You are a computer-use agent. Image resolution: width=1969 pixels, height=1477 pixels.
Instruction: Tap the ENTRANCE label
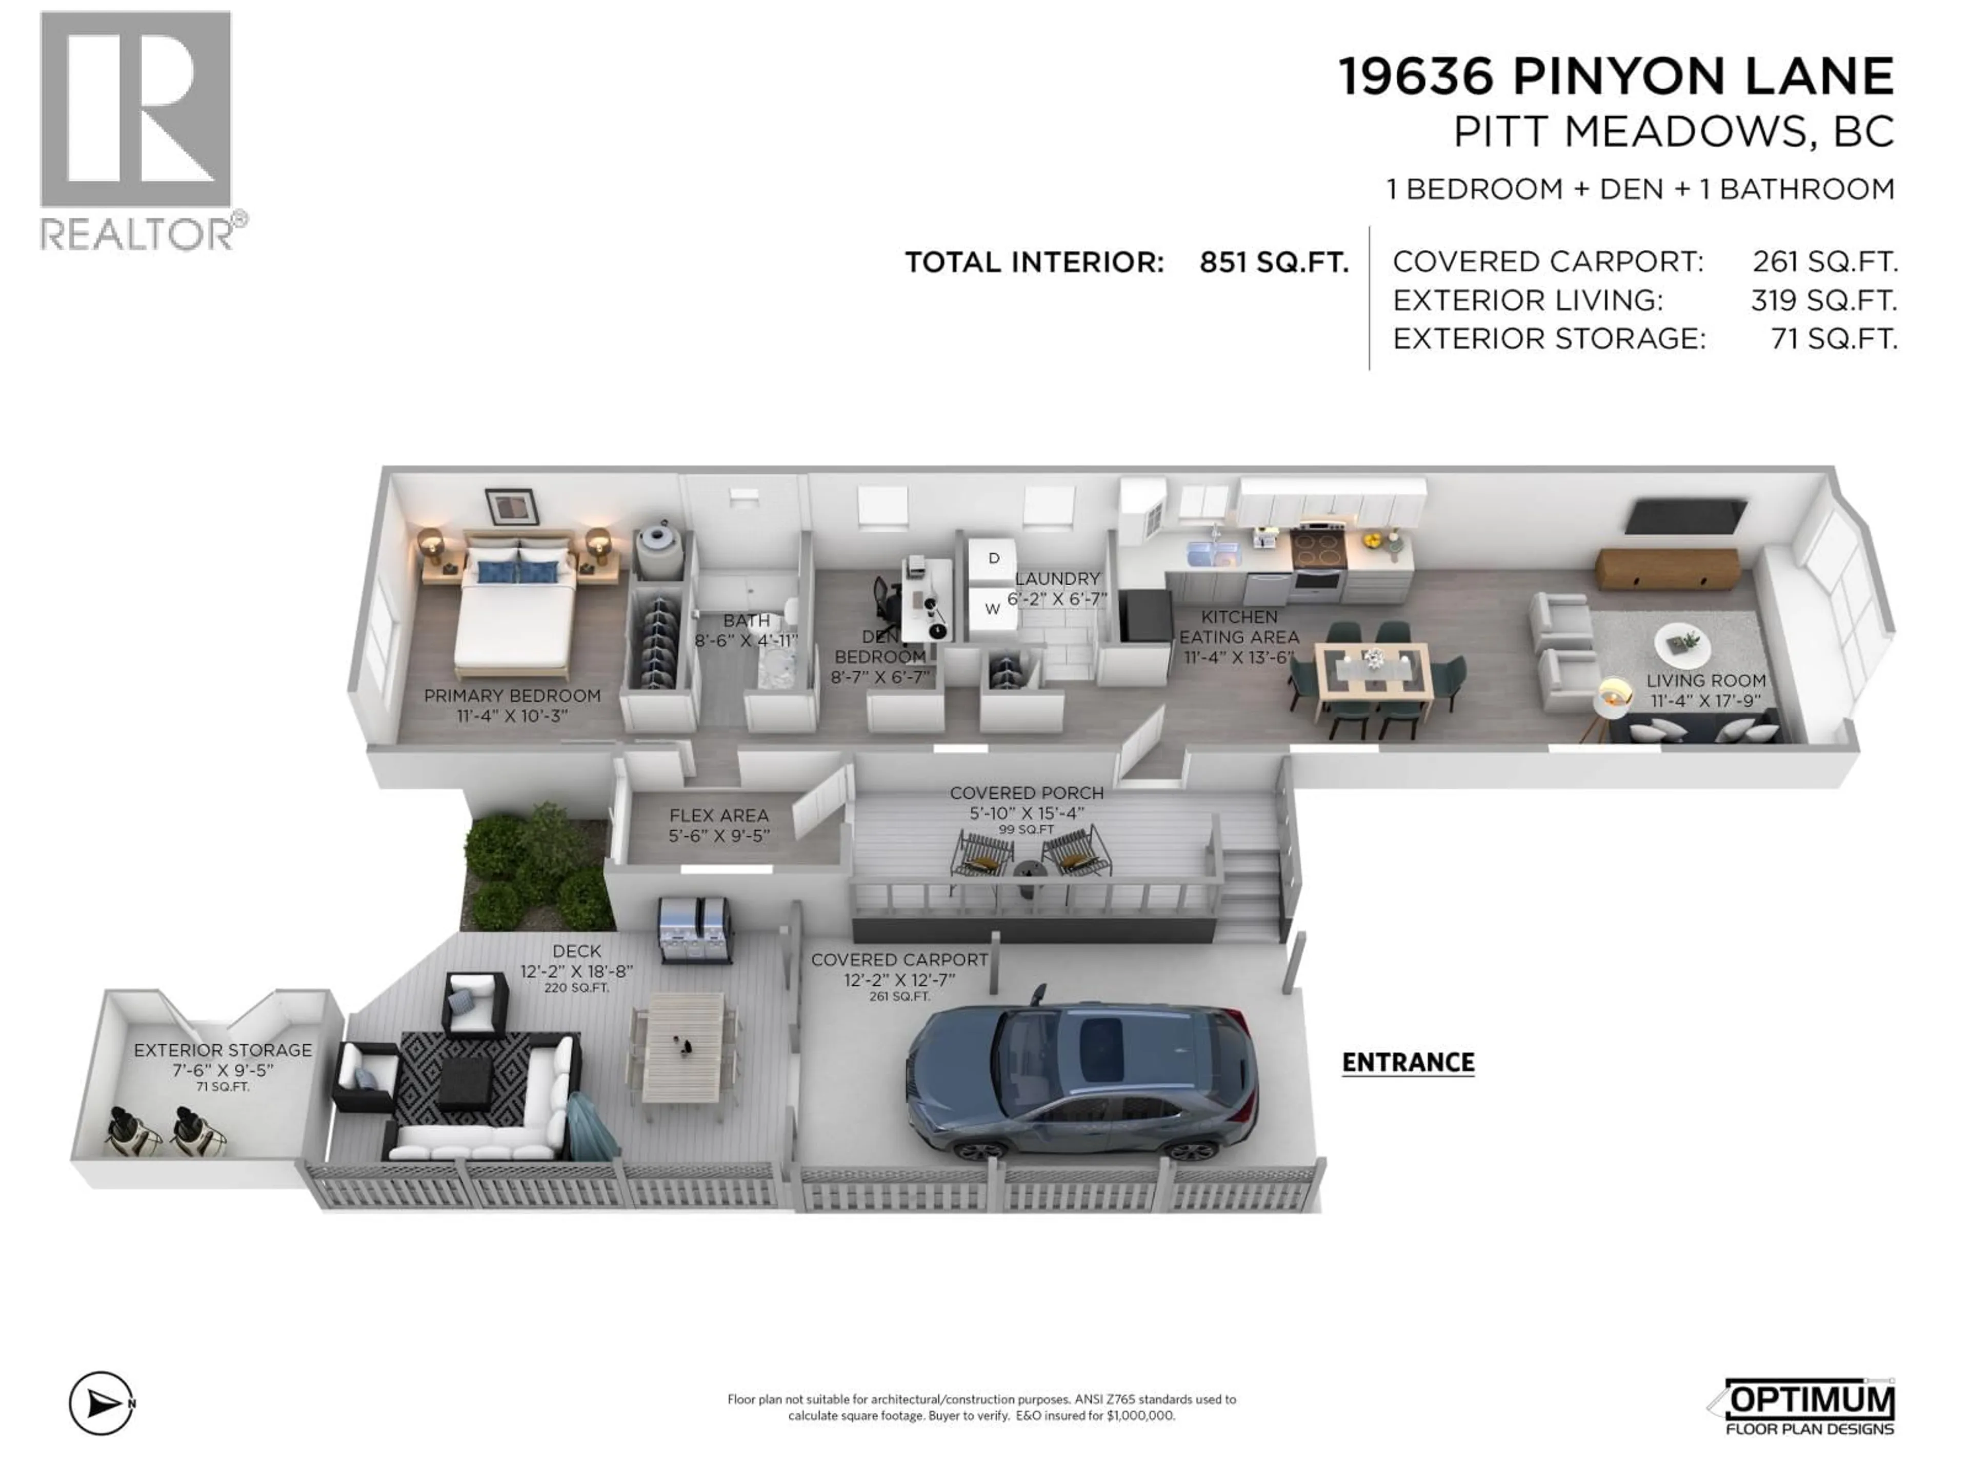pos(1408,1062)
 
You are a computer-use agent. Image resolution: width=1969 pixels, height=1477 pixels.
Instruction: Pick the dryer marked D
pos(993,559)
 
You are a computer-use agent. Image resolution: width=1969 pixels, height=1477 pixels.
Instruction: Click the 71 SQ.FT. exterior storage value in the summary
pos(1834,339)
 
